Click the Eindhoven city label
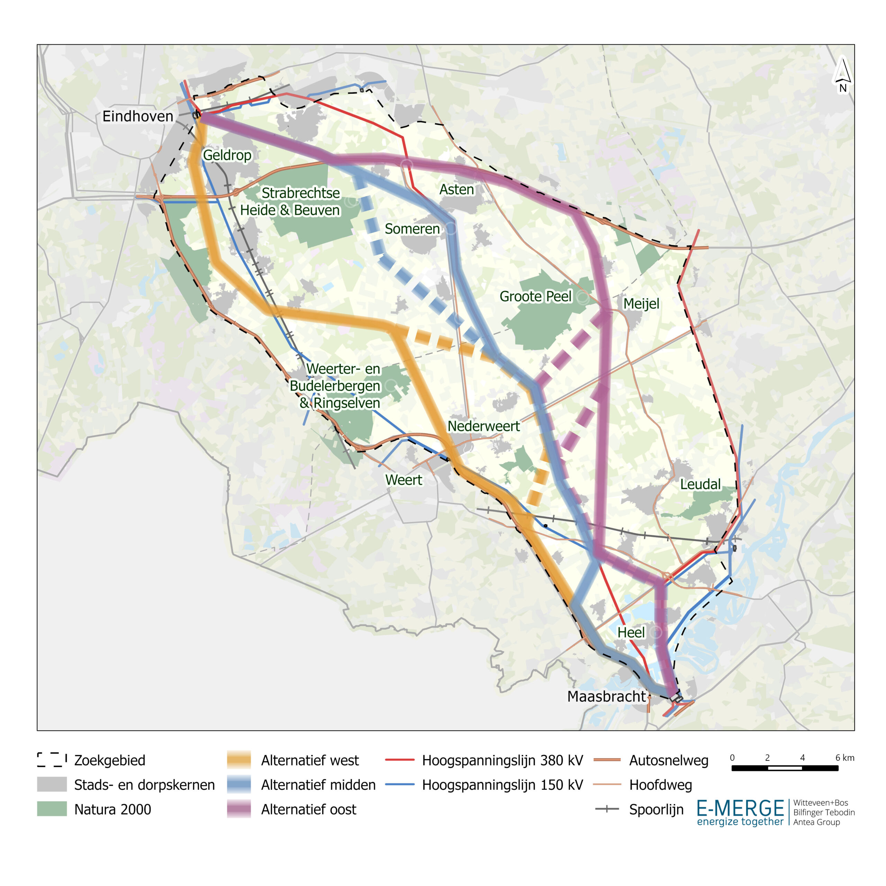[138, 117]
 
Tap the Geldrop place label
[227, 155]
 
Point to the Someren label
[412, 228]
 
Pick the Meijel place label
[641, 304]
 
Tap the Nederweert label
[483, 426]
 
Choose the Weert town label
[403, 480]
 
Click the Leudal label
[700, 484]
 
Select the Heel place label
[631, 632]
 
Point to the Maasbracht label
[606, 696]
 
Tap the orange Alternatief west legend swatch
[239, 760]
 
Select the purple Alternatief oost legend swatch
[239, 810]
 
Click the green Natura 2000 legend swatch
[52, 810]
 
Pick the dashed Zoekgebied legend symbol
[52, 760]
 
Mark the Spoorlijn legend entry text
[656, 810]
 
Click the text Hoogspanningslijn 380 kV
[502, 760]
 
